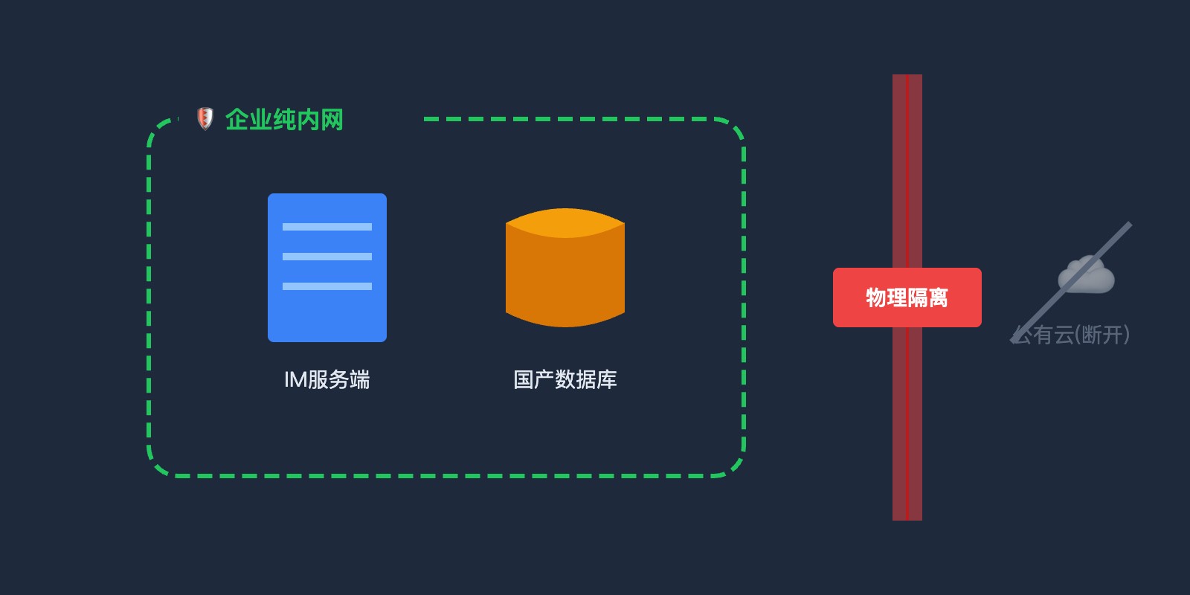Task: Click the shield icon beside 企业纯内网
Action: pos(205,119)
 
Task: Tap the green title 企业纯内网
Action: pos(284,120)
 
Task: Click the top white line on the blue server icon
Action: pos(327,227)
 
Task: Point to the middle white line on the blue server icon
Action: pos(327,257)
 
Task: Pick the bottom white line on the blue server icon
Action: pos(327,286)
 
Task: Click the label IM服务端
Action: pos(327,380)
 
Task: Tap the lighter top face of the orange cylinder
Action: pos(565,222)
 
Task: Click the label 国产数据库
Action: pos(565,380)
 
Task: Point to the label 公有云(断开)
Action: pos(1071,335)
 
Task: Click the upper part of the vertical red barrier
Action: pos(907,171)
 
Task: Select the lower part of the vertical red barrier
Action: pos(907,424)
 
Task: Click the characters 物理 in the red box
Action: pos(887,297)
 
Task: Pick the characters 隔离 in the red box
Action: pos(928,297)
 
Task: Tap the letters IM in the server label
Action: pos(295,380)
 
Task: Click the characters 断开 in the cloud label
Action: pos(1103,335)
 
